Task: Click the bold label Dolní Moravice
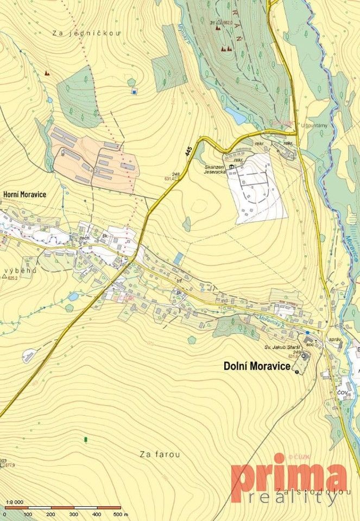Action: (x=256, y=366)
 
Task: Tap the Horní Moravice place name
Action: (x=24, y=194)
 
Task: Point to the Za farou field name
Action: (x=159, y=454)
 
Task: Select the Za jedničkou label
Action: (x=86, y=33)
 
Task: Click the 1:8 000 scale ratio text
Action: (x=14, y=502)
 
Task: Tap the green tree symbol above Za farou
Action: (x=85, y=437)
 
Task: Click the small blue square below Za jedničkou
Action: (x=134, y=92)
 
